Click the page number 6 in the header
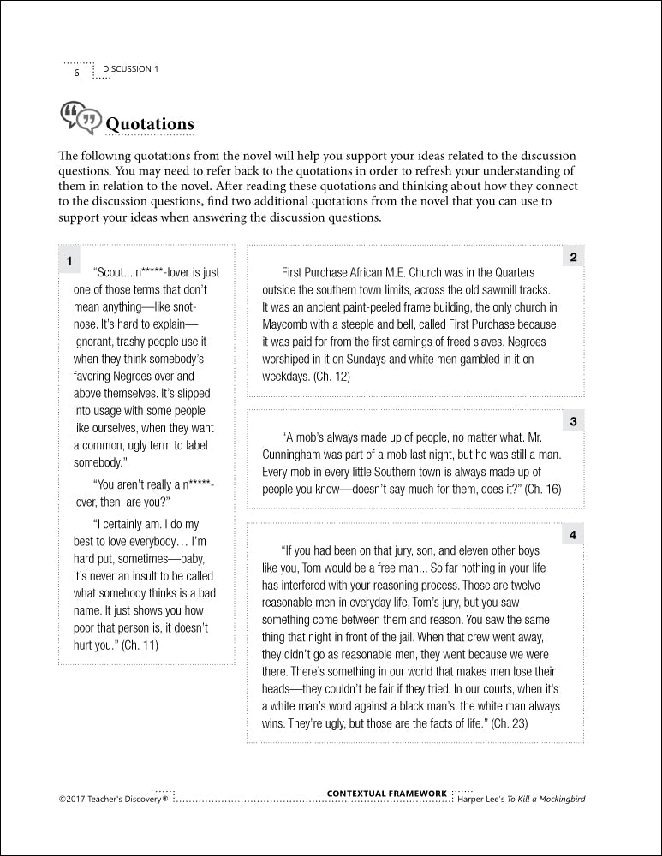coord(76,72)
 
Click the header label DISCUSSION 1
coord(130,68)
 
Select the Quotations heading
coord(150,123)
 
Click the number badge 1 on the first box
coord(69,259)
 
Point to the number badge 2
coord(573,257)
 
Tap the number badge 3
coord(573,421)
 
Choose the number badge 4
coord(573,535)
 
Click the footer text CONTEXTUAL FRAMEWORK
coord(387,794)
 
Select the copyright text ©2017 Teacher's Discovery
coord(113,800)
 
